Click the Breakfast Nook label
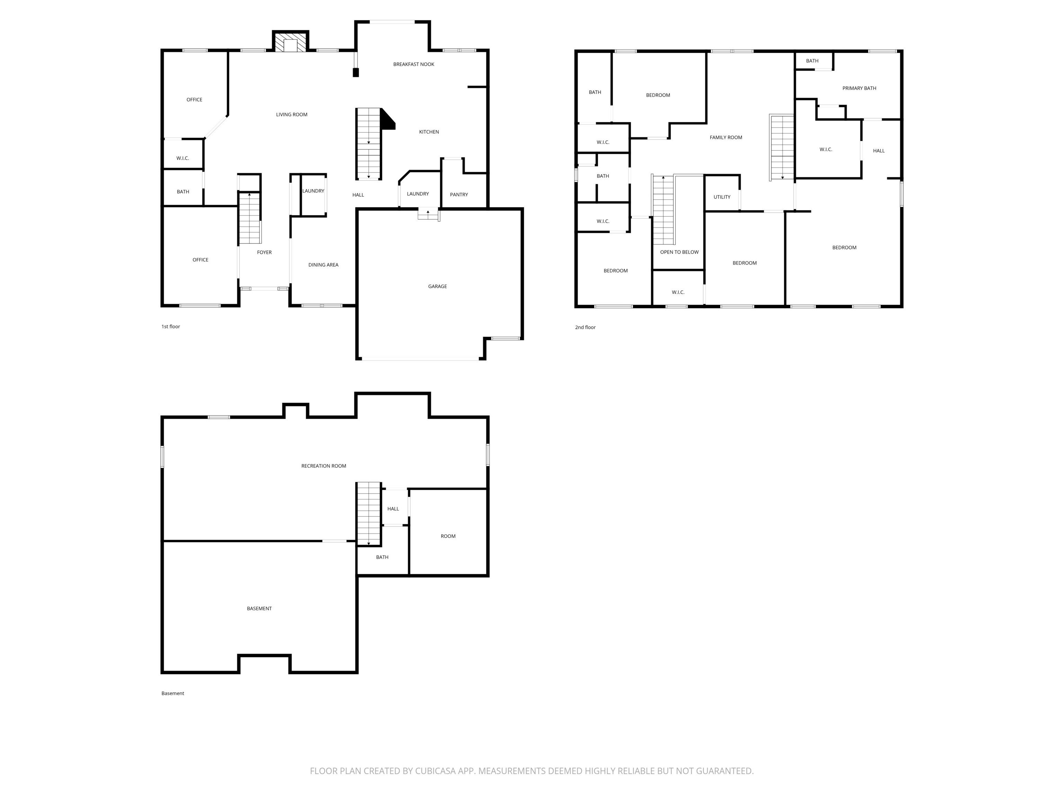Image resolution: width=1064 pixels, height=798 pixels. [x=413, y=64]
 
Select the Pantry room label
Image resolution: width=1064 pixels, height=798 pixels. [x=459, y=195]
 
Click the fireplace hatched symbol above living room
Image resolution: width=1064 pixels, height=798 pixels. [x=291, y=42]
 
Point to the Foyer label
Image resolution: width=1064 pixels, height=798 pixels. [x=264, y=252]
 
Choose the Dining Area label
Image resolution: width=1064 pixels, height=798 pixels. [x=323, y=265]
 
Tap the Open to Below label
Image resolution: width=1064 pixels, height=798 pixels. [x=679, y=252]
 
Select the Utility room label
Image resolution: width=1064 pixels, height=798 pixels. [x=721, y=197]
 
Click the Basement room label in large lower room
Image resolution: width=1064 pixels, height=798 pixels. [x=259, y=609]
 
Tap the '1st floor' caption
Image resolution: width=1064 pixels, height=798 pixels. [x=171, y=327]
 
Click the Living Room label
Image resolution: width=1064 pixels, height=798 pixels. [x=292, y=115]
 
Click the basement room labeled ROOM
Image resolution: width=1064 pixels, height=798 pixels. [x=448, y=536]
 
